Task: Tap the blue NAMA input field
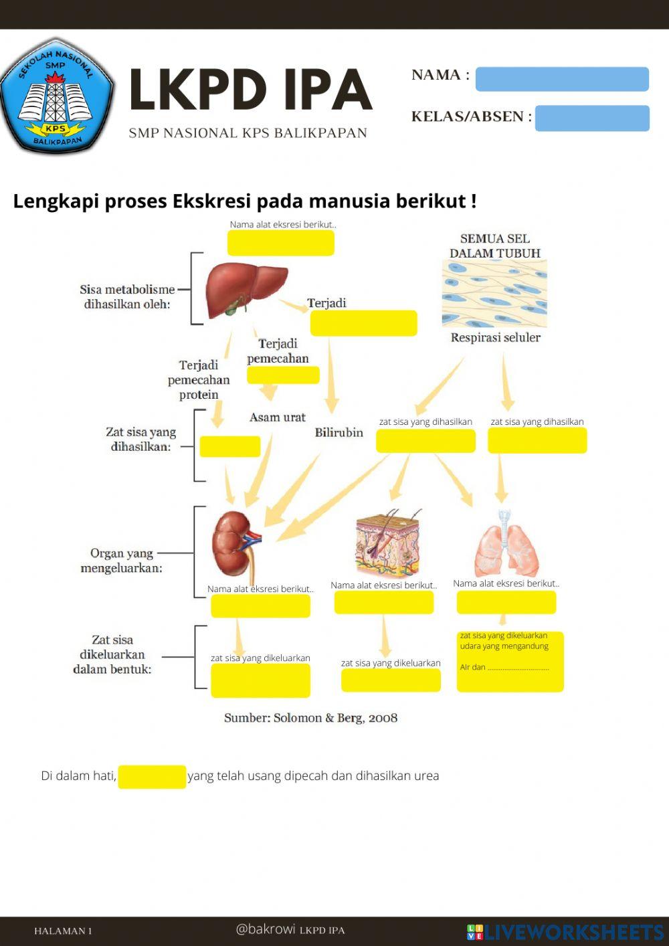tap(562, 79)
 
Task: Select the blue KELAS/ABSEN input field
tap(592, 118)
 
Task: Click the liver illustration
tap(245, 290)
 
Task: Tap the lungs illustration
tap(506, 545)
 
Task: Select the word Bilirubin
tap(339, 433)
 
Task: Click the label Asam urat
tap(277, 417)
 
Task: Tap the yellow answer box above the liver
tap(280, 243)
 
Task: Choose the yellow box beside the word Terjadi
tap(363, 323)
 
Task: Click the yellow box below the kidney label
tap(260, 606)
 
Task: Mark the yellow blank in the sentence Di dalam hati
tap(152, 777)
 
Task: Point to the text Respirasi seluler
tap(495, 338)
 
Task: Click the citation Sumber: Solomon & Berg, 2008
tap(310, 718)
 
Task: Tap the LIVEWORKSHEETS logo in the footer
tap(565, 931)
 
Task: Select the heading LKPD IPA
tap(250, 90)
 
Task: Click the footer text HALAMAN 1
tap(63, 931)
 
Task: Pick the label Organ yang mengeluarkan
tap(121, 561)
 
